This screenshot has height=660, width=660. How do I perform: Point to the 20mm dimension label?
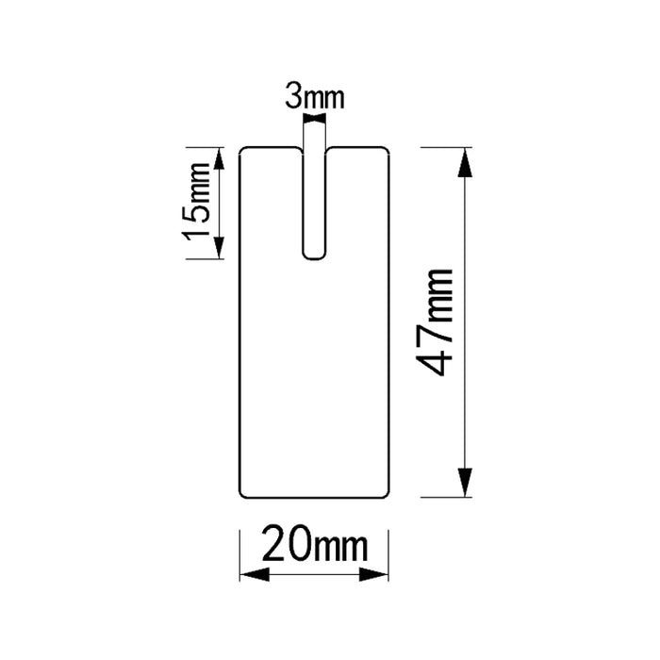314,543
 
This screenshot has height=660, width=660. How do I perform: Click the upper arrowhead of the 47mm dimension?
464,162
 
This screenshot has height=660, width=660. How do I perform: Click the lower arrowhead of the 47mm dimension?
464,483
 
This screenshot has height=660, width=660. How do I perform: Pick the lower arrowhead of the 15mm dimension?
220,248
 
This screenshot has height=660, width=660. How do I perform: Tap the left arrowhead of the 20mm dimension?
255,574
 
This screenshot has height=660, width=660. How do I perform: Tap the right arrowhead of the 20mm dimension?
373,574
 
